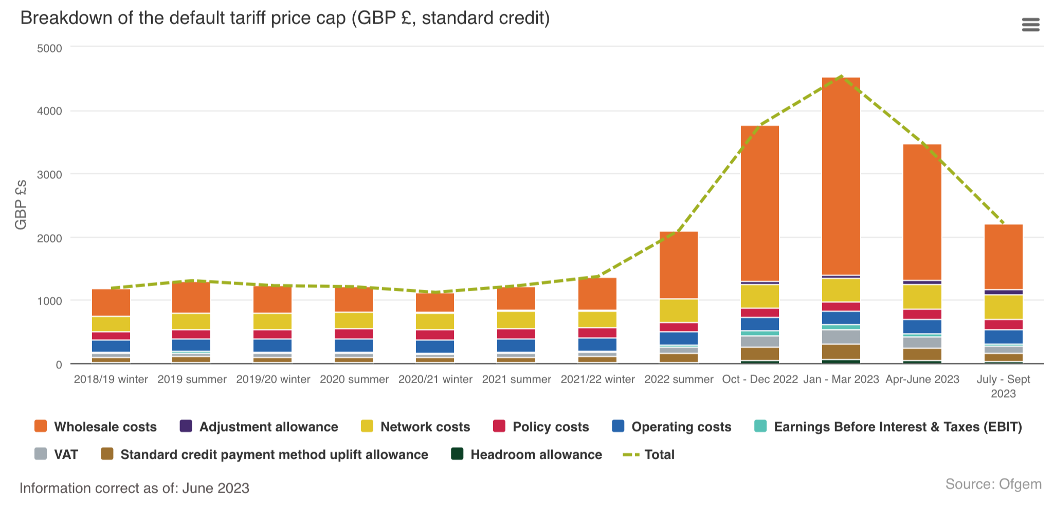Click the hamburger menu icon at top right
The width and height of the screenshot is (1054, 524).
tap(1030, 25)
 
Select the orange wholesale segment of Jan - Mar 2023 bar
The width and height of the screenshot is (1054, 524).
tap(841, 175)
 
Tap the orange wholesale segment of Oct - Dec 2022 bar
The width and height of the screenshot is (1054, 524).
tap(759, 203)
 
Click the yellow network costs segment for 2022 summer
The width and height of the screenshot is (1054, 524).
tap(678, 310)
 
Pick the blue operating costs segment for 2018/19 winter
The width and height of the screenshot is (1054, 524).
tap(111, 346)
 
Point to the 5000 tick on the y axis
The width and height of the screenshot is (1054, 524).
tap(49, 48)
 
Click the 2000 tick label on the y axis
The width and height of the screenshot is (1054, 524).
tap(49, 238)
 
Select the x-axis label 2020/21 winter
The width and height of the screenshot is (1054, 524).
tap(435, 380)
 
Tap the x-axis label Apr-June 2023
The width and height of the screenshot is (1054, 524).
tap(922, 380)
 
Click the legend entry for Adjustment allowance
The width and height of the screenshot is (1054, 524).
tap(268, 427)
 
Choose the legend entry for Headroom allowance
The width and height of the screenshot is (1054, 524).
tap(536, 455)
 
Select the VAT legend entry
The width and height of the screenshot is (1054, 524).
tap(65, 455)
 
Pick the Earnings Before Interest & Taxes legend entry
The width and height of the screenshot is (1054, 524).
tap(897, 427)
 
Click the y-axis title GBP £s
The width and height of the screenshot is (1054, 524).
tap(21, 204)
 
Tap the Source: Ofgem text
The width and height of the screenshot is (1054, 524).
tap(993, 484)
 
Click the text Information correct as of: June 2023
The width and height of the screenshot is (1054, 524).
tap(134, 488)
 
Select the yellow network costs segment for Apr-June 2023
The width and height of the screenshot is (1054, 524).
tap(922, 296)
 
